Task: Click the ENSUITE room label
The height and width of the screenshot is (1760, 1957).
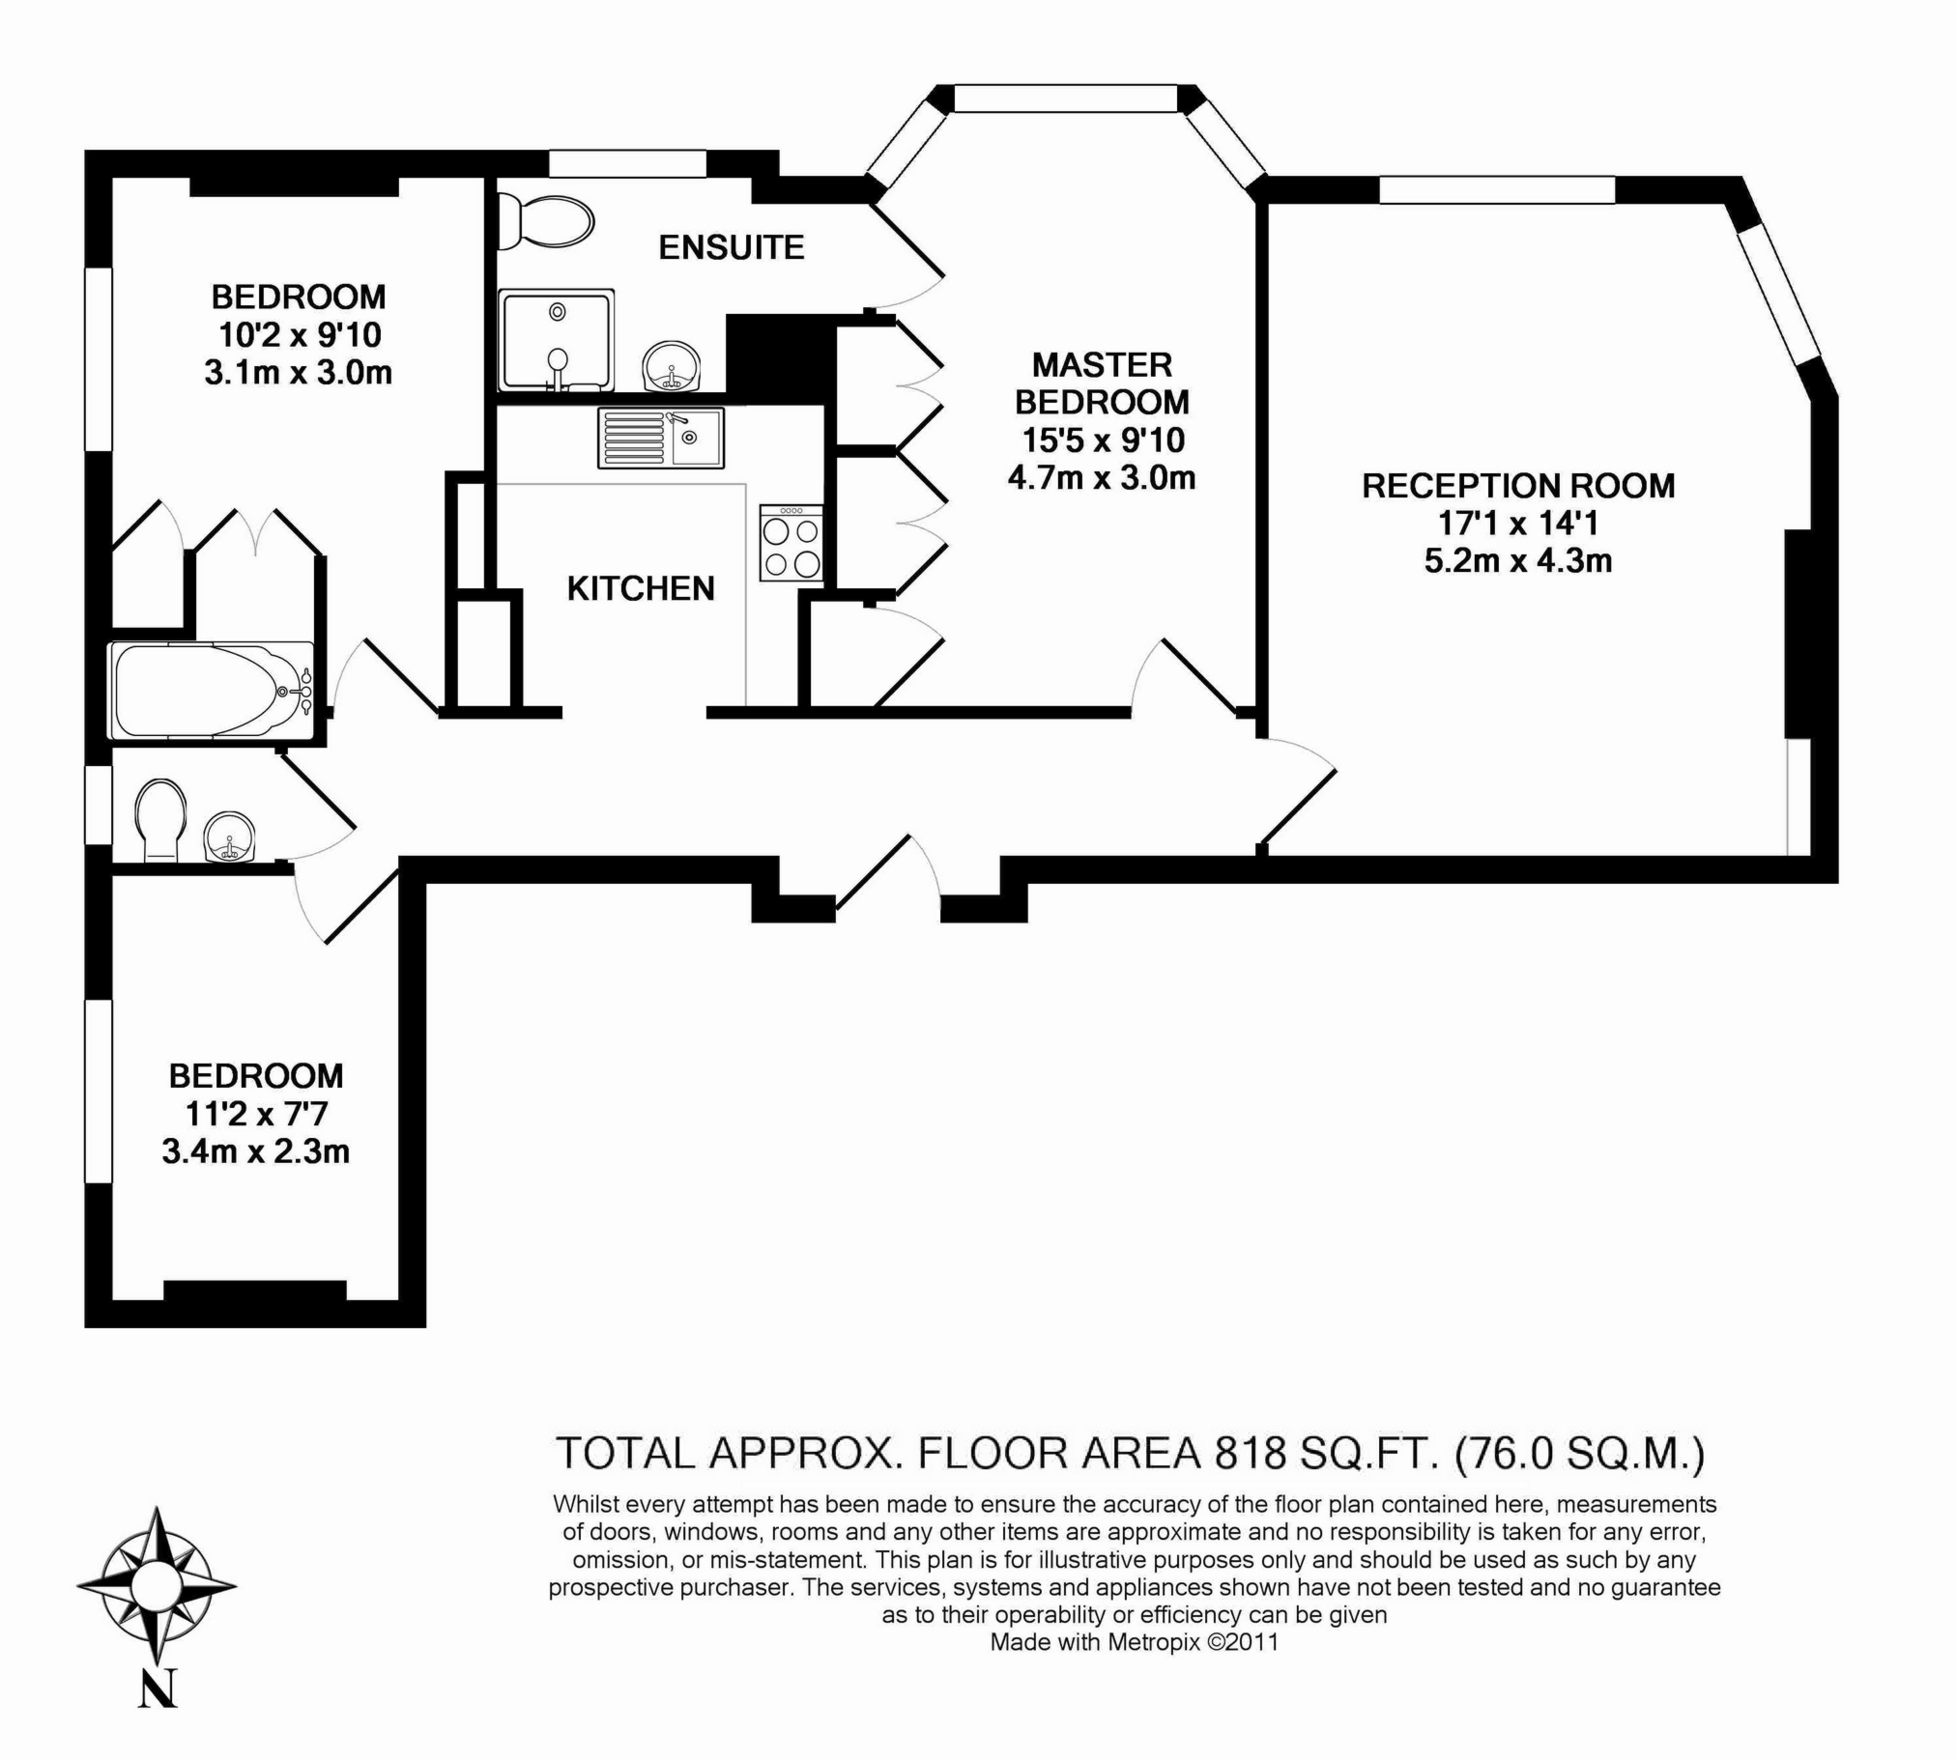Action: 732,247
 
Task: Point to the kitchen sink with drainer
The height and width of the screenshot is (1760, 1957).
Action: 661,438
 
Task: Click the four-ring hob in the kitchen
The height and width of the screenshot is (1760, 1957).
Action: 791,544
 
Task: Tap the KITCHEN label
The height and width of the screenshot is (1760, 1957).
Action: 641,588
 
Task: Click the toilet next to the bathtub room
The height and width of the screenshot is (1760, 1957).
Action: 160,819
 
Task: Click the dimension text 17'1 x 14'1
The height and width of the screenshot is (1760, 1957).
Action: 1518,524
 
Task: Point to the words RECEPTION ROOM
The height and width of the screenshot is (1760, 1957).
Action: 1518,486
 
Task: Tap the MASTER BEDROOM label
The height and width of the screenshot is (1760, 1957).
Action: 1102,383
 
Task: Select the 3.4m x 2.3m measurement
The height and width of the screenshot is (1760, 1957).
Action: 255,1151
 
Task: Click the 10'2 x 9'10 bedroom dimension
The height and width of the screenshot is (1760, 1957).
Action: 299,334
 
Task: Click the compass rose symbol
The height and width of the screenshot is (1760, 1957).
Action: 157,1585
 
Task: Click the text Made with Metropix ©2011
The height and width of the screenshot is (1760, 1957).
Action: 1134,1641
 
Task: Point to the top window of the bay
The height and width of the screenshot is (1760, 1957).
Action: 1066,99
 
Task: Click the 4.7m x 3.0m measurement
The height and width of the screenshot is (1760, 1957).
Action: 1102,478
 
